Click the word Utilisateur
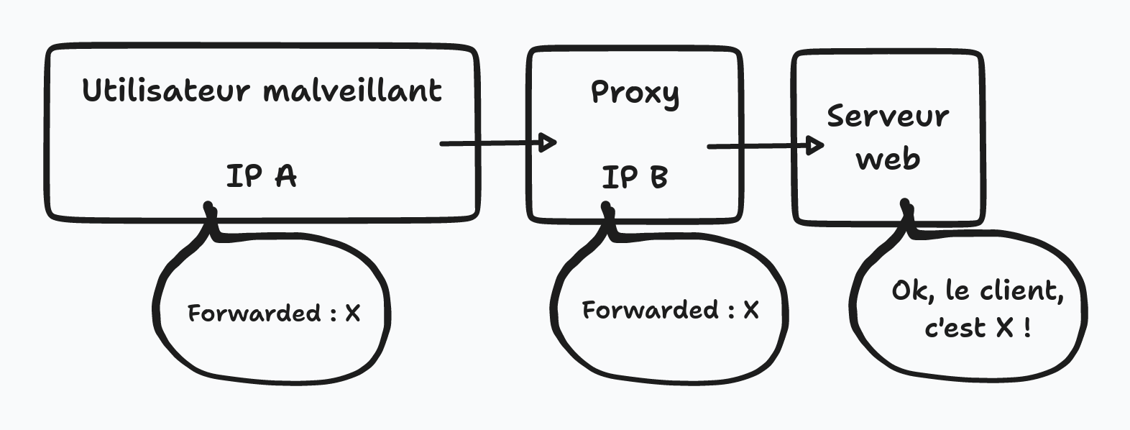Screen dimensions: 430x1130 pyautogui.click(x=166, y=91)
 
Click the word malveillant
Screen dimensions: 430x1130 pyautogui.click(x=352, y=91)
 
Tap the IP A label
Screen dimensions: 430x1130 pyautogui.click(x=261, y=175)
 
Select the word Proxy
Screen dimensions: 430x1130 pyautogui.click(x=635, y=93)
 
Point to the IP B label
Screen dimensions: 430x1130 pyautogui.click(x=635, y=177)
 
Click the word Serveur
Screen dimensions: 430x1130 pyautogui.click(x=888, y=116)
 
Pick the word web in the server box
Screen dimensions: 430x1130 pyautogui.click(x=888, y=159)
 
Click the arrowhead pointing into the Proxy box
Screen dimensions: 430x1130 pyautogui.click(x=548, y=142)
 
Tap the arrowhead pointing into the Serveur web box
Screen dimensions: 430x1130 pyautogui.click(x=815, y=145)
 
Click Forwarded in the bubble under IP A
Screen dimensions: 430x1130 pyautogui.click(x=254, y=314)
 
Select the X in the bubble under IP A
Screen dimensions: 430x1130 pyautogui.click(x=352, y=314)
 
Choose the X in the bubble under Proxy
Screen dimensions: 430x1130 pyautogui.click(x=750, y=310)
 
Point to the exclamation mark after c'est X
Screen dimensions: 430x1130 pyautogui.click(x=1027, y=328)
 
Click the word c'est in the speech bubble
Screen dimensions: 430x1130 pyautogui.click(x=955, y=329)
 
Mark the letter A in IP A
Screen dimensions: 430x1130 pyautogui.click(x=285, y=175)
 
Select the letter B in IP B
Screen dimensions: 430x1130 pyautogui.click(x=658, y=177)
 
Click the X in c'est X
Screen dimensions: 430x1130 pyautogui.click(x=1005, y=328)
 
